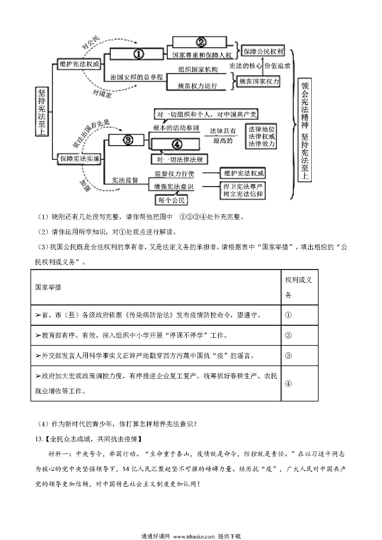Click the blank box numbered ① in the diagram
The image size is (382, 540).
point(136,54)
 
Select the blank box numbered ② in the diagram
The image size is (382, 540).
point(201,42)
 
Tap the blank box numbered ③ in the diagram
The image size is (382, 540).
point(126,140)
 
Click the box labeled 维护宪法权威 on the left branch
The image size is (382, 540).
point(79,64)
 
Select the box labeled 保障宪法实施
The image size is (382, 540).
point(79,159)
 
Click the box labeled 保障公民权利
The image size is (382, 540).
point(263,51)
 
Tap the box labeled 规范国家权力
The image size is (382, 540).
point(259,81)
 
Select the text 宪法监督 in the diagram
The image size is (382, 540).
point(125,180)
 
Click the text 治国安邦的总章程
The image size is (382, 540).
point(136,77)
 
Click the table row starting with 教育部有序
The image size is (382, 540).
point(174,335)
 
